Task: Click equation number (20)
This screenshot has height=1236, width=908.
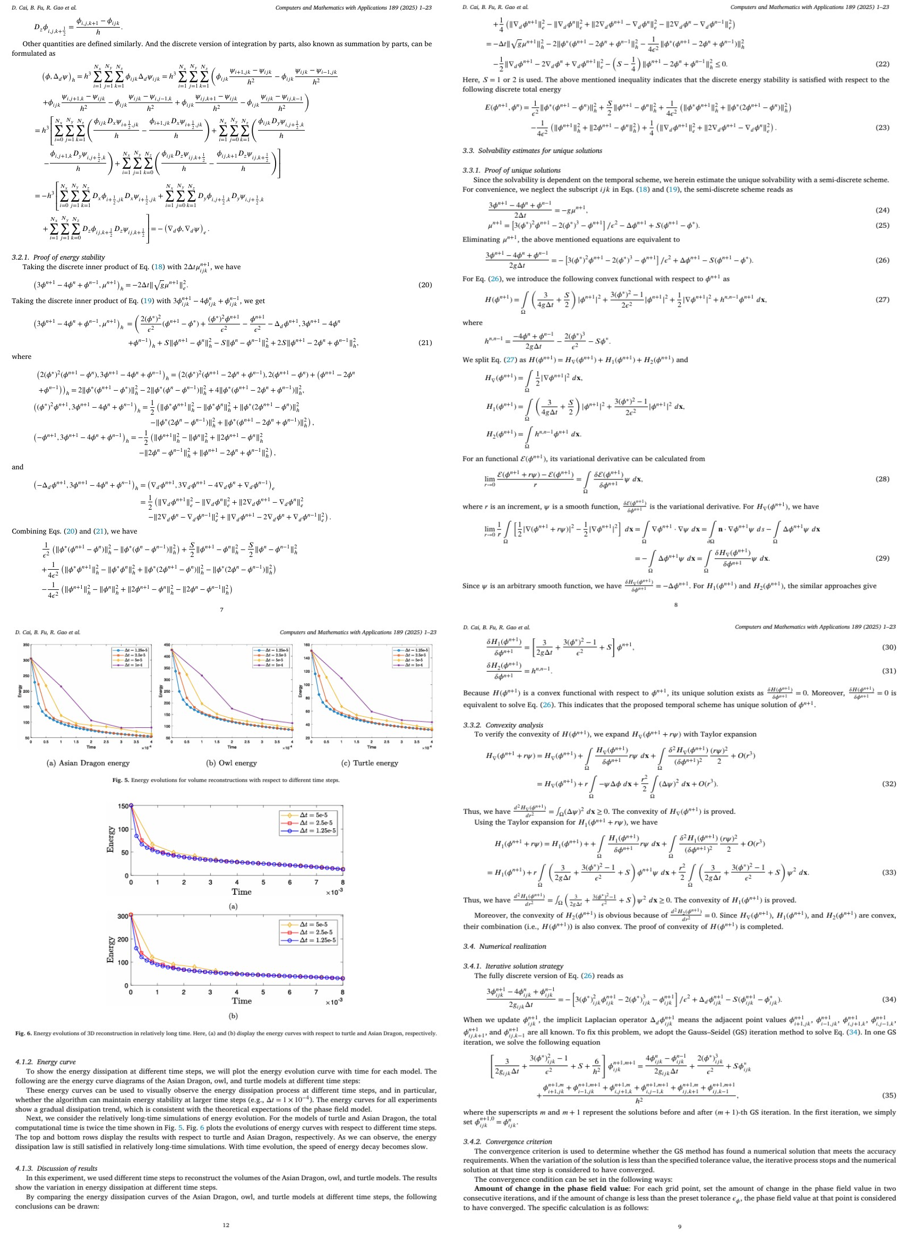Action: click(x=425, y=285)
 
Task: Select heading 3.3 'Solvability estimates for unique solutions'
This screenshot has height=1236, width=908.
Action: click(x=532, y=151)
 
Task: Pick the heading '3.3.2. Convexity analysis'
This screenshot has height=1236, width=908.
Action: click(x=503, y=725)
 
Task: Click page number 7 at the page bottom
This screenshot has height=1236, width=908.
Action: click(x=221, y=610)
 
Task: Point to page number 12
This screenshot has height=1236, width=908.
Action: click(x=226, y=1225)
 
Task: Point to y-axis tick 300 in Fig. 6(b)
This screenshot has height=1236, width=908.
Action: click(x=123, y=916)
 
